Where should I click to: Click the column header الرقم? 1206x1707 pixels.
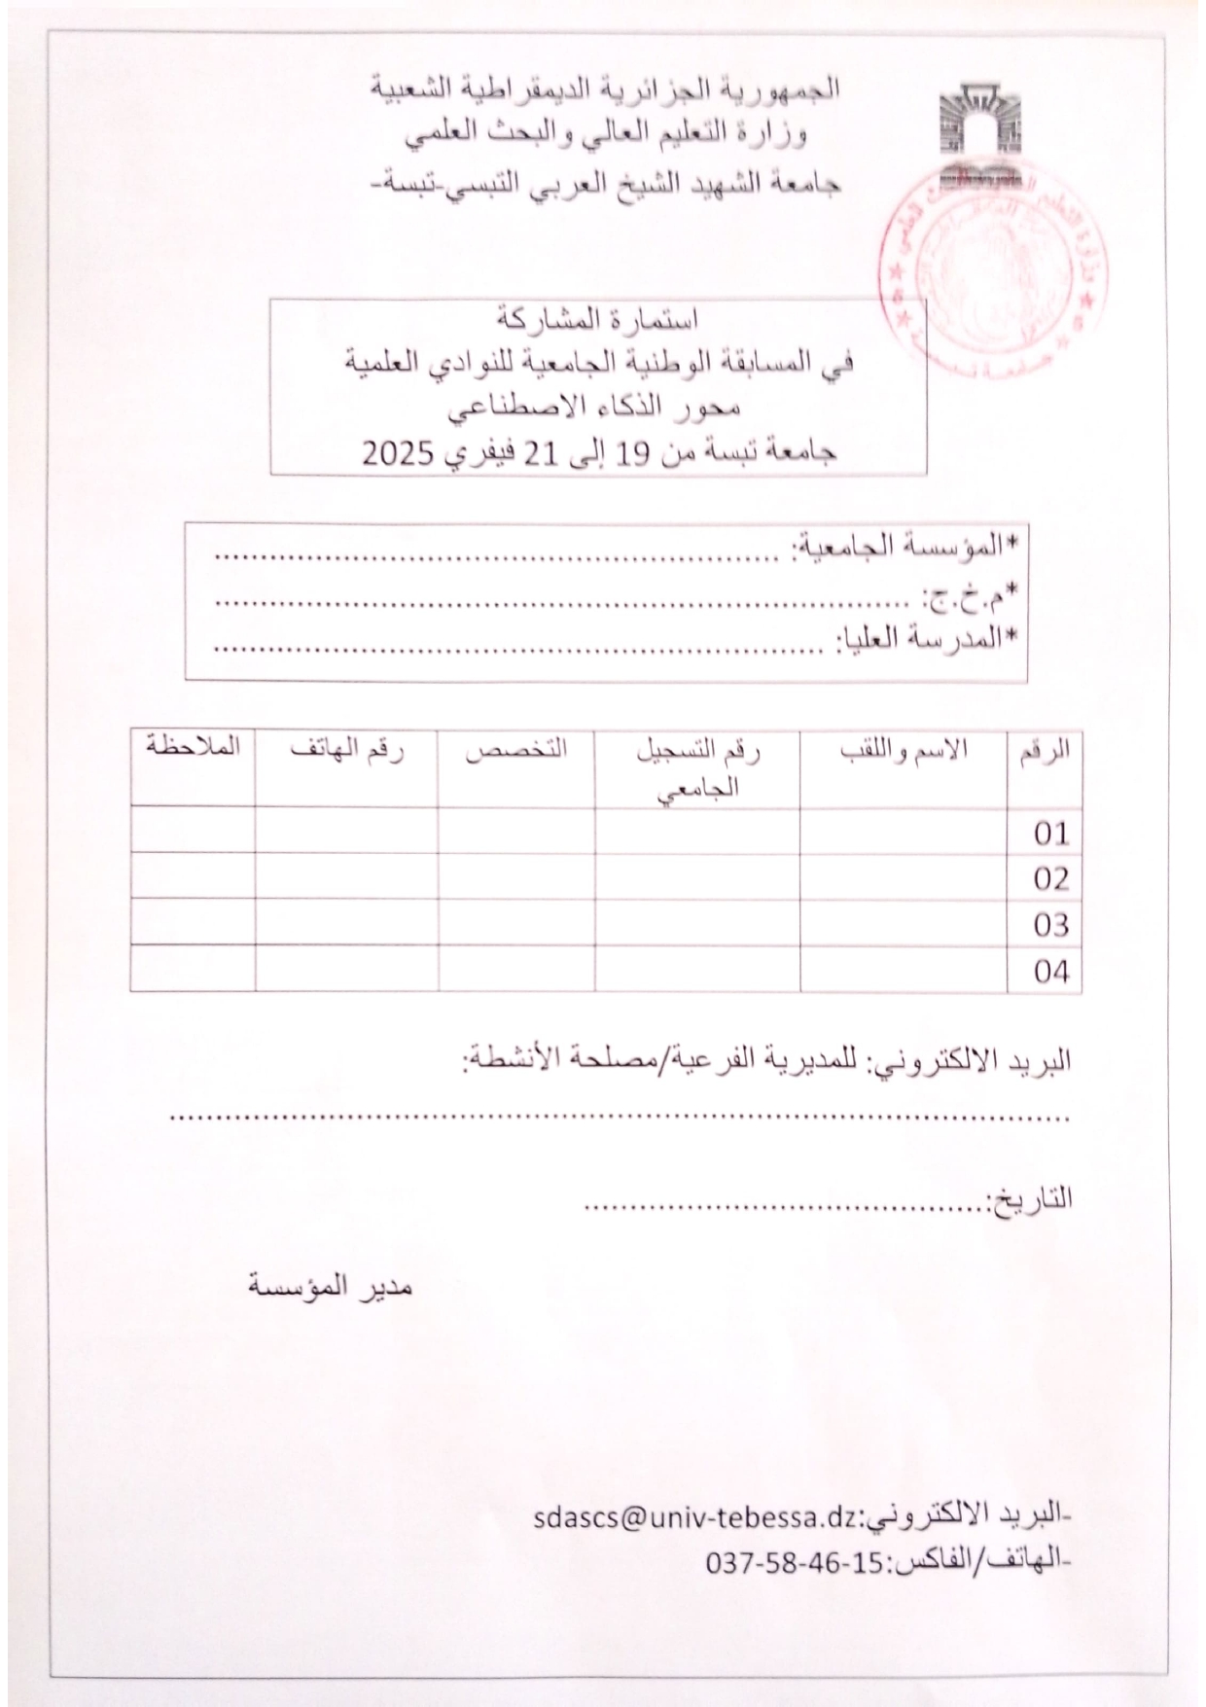1047,751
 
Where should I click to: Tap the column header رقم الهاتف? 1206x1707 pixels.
346,751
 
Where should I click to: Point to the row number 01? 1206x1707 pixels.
1051,833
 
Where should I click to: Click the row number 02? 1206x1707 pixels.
1051,879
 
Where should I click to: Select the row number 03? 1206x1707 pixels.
1051,925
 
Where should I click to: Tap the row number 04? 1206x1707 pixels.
1051,971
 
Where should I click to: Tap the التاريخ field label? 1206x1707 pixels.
1030,1200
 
